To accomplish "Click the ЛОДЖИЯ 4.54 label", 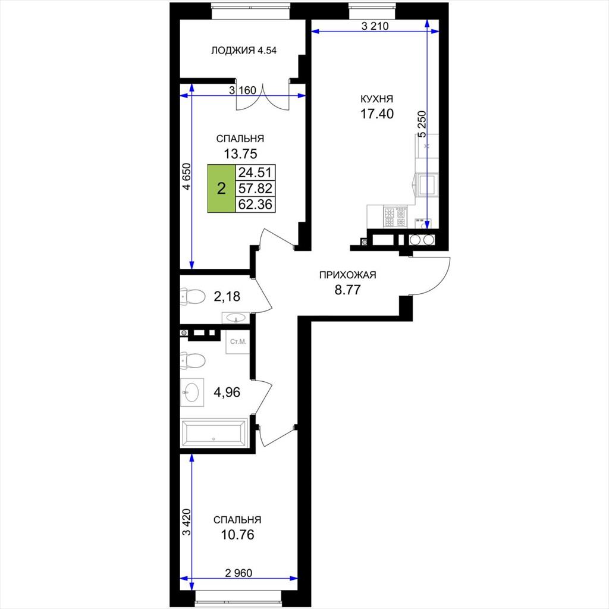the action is pyautogui.click(x=243, y=51).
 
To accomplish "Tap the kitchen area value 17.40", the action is pyautogui.click(x=376, y=114).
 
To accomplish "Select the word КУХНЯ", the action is pyautogui.click(x=376, y=99).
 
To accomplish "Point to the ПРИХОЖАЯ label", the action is pyautogui.click(x=347, y=275).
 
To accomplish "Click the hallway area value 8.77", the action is pyautogui.click(x=347, y=290).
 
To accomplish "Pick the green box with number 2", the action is pyautogui.click(x=221, y=189).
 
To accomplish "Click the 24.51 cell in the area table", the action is pyautogui.click(x=255, y=172).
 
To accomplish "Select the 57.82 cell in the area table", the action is pyautogui.click(x=255, y=189).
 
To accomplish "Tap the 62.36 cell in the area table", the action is pyautogui.click(x=255, y=205).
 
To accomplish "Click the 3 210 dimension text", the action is pyautogui.click(x=375, y=26).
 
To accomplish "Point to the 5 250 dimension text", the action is pyautogui.click(x=422, y=124).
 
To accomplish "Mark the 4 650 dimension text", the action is pyautogui.click(x=187, y=176).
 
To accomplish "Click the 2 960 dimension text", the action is pyautogui.click(x=238, y=573).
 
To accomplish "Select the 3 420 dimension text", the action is pyautogui.click(x=187, y=522).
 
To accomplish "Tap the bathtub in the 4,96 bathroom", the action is pyautogui.click(x=214, y=433).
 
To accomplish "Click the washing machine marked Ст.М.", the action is pyautogui.click(x=237, y=342).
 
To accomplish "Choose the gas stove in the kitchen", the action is pyautogui.click(x=395, y=218).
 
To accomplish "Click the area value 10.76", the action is pyautogui.click(x=237, y=535).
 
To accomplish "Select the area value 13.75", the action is pyautogui.click(x=240, y=154).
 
